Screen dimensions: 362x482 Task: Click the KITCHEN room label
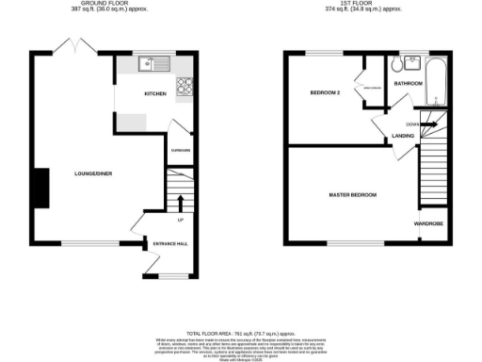coord(155,94)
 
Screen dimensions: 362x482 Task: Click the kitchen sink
coord(150,64)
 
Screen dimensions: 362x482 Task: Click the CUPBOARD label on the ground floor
coord(181,150)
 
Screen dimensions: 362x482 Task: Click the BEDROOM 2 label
coord(325,92)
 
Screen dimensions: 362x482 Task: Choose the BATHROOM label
coord(408,84)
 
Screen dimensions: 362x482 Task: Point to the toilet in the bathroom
coord(396,63)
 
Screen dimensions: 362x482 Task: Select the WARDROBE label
coord(429,223)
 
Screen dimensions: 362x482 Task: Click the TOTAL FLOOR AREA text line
coord(240,335)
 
